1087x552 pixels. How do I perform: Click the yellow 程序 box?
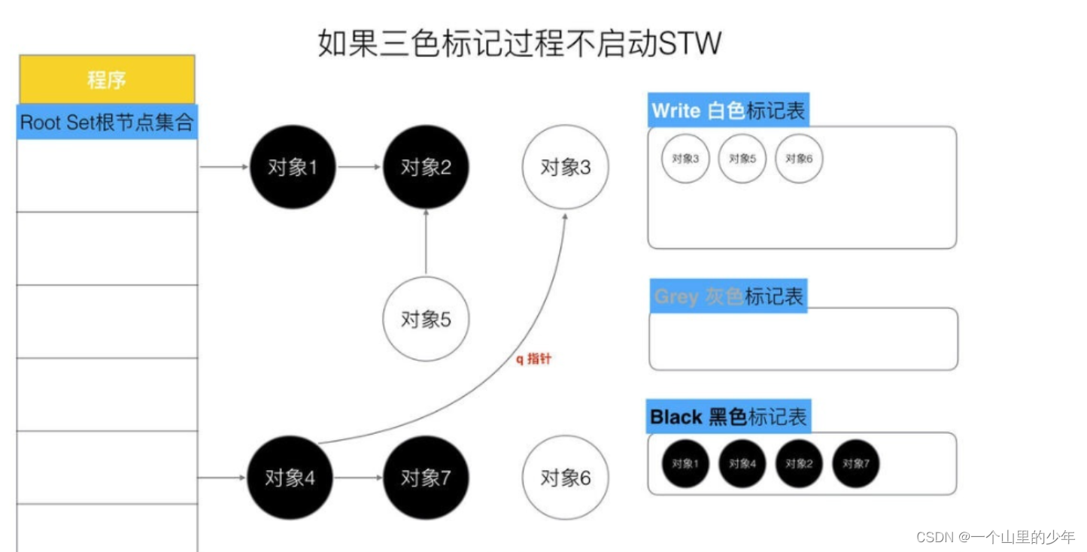(x=106, y=79)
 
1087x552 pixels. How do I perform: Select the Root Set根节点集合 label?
(x=106, y=123)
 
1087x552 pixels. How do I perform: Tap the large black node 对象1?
(x=292, y=167)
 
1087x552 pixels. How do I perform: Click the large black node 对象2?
(x=426, y=167)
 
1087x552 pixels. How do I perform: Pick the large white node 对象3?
(x=566, y=168)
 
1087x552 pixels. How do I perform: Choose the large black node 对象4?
(x=290, y=478)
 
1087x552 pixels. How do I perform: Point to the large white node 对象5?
(x=426, y=319)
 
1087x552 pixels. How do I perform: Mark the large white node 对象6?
(x=566, y=478)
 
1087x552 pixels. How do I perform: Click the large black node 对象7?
(x=426, y=478)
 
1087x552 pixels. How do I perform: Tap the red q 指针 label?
(x=533, y=359)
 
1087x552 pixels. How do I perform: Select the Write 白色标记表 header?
(x=728, y=111)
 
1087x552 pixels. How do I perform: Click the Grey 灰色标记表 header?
(x=728, y=296)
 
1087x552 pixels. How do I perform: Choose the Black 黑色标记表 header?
(x=728, y=416)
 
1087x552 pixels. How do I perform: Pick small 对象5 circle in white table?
(x=742, y=159)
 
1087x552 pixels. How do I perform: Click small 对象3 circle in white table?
(x=685, y=159)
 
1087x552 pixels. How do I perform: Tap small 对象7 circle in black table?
(x=855, y=463)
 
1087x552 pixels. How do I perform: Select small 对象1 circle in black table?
(x=685, y=463)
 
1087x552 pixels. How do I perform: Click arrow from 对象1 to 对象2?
(x=360, y=167)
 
